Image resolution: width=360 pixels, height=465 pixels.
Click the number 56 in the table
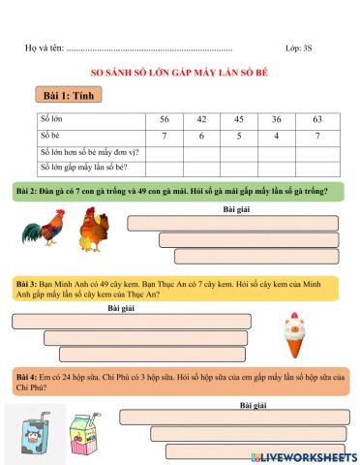164,119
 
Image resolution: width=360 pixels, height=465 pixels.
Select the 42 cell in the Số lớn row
201,119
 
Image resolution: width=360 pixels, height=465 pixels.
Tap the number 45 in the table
238,119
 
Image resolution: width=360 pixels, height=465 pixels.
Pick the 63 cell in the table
316,119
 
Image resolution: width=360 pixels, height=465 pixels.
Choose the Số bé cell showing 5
238,136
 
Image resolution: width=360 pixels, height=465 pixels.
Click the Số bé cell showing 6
201,136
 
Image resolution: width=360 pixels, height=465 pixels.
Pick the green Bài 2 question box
179,192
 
